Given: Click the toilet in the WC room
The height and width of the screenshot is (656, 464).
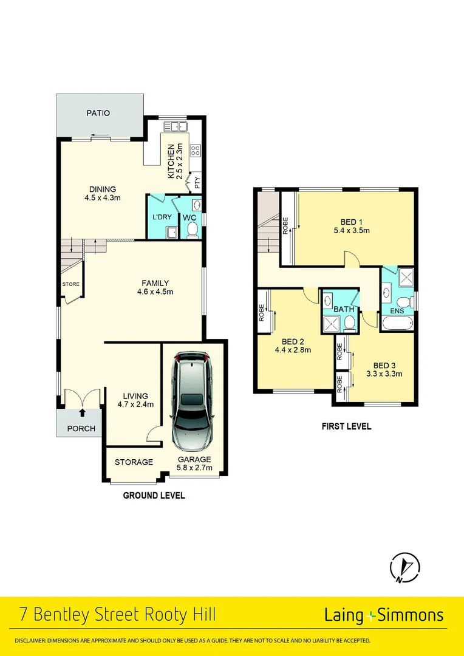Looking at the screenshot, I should tap(193, 228).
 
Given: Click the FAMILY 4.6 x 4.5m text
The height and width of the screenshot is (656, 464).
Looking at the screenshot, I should tap(155, 287).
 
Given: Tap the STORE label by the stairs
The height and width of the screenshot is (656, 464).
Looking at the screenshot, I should tap(70, 284).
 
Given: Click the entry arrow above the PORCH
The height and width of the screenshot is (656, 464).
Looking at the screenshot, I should tap(82, 414).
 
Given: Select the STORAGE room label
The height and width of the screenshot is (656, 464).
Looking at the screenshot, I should tap(134, 462).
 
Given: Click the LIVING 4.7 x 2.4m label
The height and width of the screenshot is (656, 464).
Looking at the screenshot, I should tap(135, 400).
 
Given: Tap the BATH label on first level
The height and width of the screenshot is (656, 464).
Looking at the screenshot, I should tap(343, 309).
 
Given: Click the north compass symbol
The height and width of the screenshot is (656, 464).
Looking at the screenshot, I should tap(404, 567).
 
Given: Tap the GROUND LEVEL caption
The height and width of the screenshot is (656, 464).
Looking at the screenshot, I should tap(154, 496).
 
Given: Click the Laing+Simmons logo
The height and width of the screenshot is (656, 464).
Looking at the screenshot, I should tap(383, 615).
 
